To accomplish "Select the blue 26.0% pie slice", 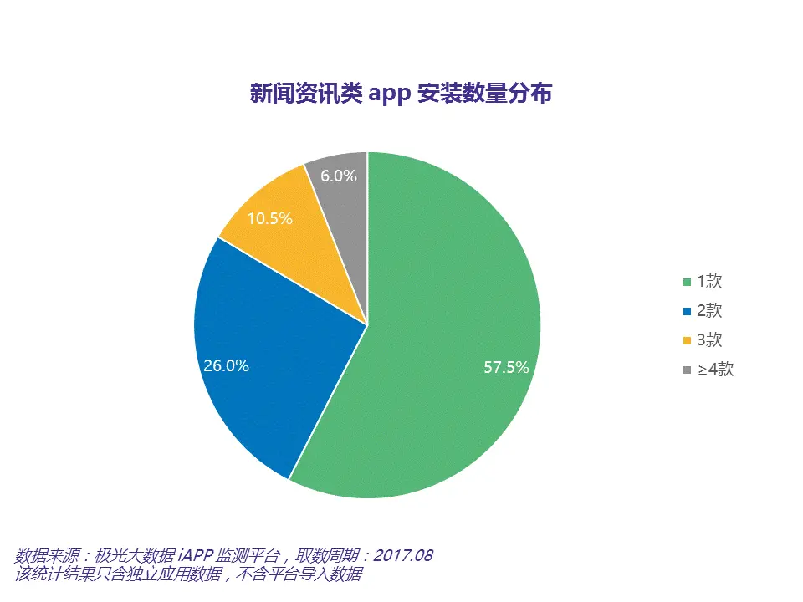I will click(268, 351).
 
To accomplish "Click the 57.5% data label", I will click(506, 367).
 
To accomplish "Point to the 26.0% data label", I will click(226, 365).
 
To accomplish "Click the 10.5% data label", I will click(270, 219).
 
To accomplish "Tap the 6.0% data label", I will click(338, 176).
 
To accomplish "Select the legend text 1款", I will click(708, 282).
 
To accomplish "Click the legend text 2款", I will click(708, 311).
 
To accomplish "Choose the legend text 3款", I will click(708, 339).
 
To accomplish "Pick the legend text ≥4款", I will click(714, 369).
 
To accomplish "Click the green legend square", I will click(688, 283).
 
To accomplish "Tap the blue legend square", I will click(688, 312).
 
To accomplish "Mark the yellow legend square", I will click(688, 340).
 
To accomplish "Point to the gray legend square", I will click(688, 370).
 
